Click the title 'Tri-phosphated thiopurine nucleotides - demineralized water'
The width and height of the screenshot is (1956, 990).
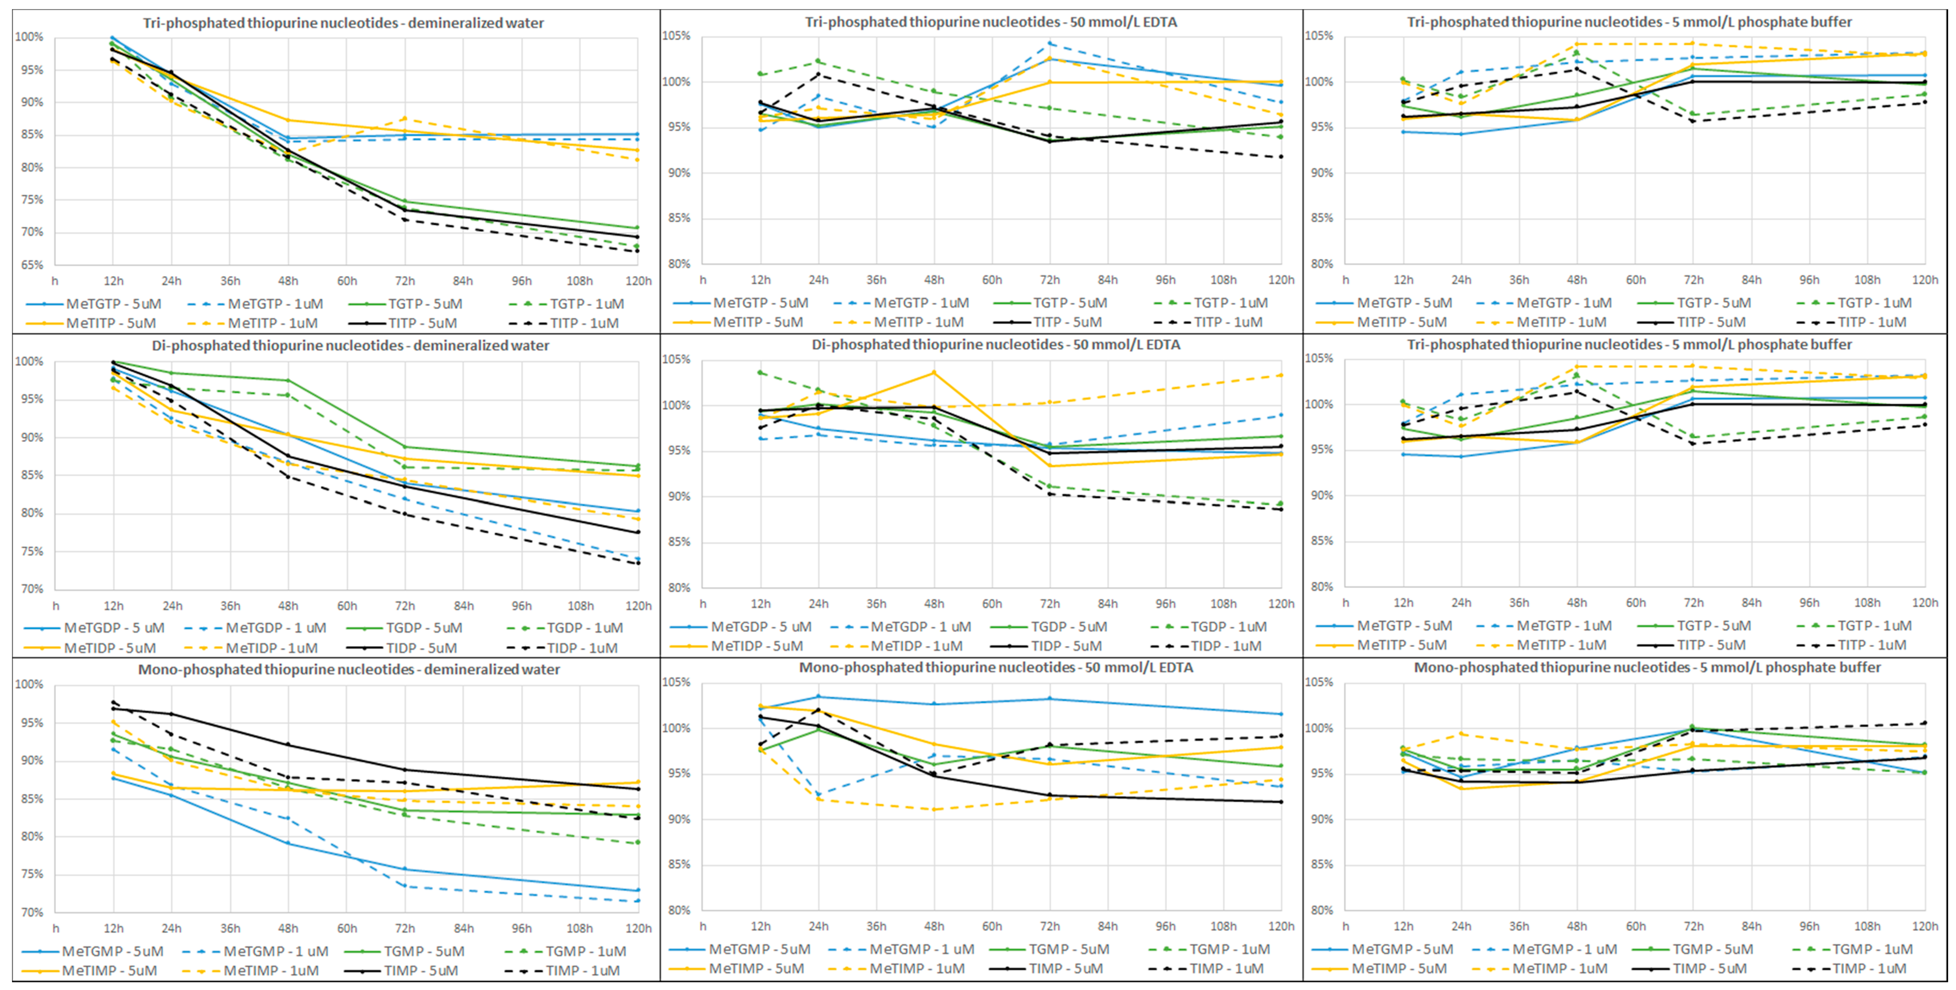pos(343,23)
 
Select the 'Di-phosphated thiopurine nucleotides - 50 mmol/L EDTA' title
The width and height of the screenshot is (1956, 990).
pos(996,345)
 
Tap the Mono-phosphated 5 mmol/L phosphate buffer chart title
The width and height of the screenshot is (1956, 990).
pos(1647,667)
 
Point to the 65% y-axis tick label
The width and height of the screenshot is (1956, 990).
pos(31,265)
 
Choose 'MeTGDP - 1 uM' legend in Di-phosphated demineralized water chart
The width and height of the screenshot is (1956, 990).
pos(275,628)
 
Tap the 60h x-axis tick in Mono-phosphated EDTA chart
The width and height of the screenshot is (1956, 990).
pos(992,926)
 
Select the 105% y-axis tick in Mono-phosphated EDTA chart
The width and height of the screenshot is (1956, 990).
pos(676,682)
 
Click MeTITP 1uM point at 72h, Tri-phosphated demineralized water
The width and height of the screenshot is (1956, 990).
pos(405,118)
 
